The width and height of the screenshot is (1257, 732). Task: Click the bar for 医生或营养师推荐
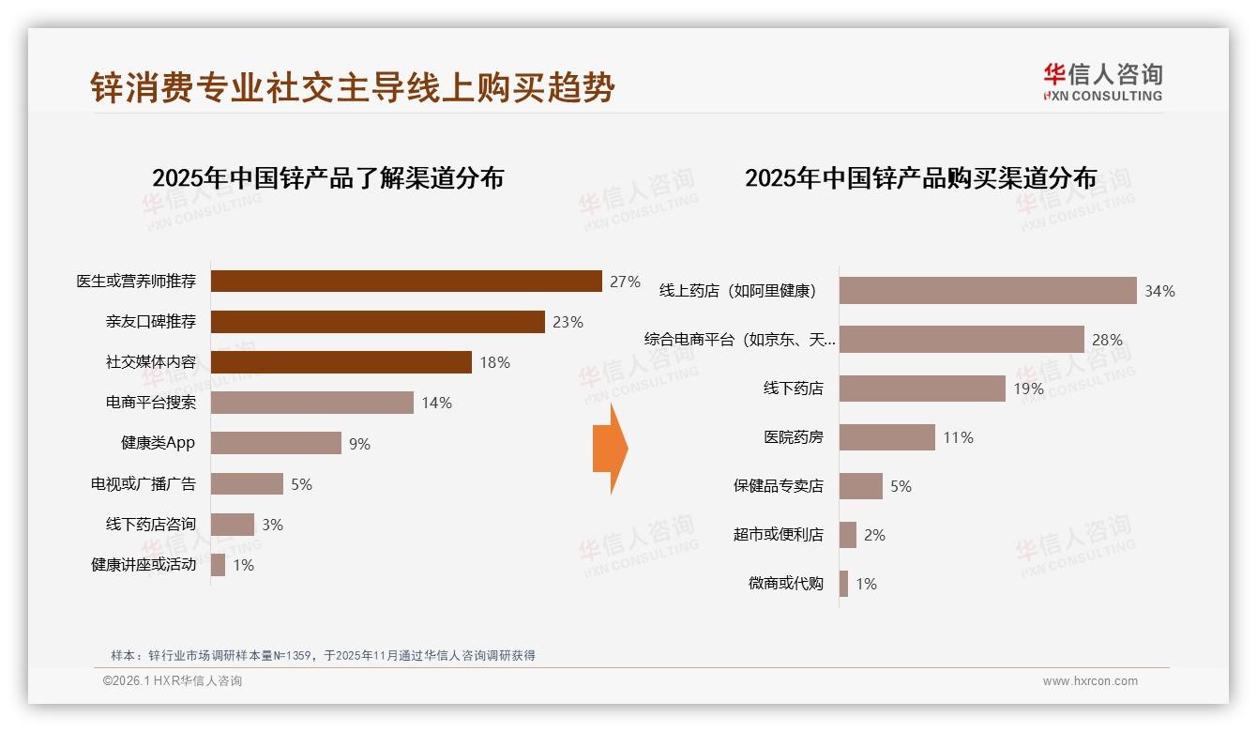pos(405,282)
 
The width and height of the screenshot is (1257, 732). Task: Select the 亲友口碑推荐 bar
pos(377,322)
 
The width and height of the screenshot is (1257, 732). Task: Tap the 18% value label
pos(494,362)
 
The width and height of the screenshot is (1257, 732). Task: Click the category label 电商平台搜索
pos(150,403)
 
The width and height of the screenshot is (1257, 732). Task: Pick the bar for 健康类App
pos(276,443)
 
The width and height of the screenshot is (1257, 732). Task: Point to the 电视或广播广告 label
pos(143,484)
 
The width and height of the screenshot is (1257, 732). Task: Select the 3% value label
pos(272,525)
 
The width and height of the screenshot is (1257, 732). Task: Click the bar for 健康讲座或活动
pos(218,565)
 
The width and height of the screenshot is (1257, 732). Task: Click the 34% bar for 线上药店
pos(987,291)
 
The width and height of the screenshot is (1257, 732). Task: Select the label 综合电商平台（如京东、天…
pos(739,340)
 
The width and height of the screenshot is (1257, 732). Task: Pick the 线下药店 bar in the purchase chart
pos(921,389)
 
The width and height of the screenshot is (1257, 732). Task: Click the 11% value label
pos(958,437)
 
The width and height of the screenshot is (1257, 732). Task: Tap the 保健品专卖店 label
pos(778,486)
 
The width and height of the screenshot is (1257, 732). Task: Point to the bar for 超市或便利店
pos(847,535)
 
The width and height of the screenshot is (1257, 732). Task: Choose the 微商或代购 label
pos(785,584)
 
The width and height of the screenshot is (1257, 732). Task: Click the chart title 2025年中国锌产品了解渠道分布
pos(327,178)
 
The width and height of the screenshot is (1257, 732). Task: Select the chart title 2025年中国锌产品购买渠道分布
pos(920,178)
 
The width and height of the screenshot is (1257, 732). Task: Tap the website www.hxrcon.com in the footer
pos(1089,681)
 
